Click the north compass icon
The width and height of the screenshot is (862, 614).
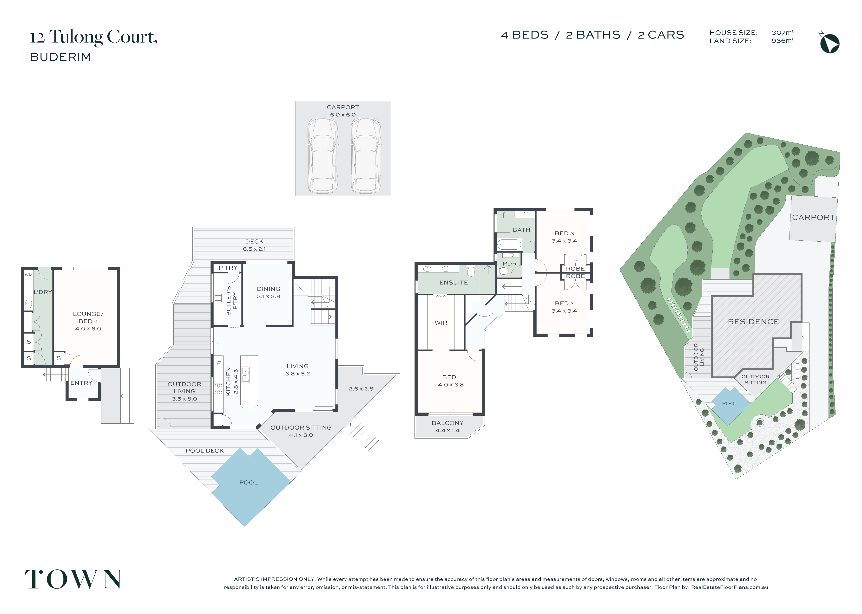(x=829, y=43)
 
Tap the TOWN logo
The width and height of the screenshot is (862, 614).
(x=73, y=579)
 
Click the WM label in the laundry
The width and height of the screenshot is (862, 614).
(x=28, y=275)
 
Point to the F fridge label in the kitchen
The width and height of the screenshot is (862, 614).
(x=219, y=363)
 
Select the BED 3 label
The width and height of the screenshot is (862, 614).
(x=564, y=233)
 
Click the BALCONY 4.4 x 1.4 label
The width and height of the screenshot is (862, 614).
(x=447, y=427)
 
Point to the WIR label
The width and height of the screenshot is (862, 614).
(x=441, y=323)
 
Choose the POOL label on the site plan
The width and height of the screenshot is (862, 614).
(x=730, y=403)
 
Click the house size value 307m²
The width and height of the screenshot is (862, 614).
(x=783, y=32)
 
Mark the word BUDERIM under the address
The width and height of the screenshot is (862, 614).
(x=60, y=57)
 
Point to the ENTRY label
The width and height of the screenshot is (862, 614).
(x=81, y=383)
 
